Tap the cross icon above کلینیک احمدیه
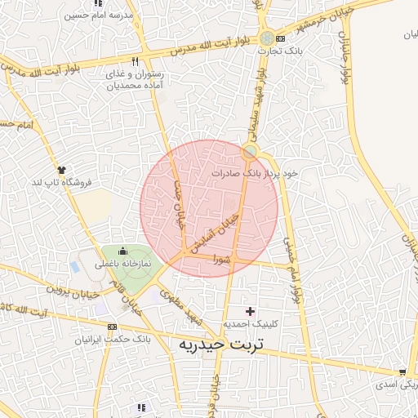250,311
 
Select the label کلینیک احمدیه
255,324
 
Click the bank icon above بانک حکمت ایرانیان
112,326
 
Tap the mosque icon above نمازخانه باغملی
123,251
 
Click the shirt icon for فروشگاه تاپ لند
61,168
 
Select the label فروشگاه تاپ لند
61,180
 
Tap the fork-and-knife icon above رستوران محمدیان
135,62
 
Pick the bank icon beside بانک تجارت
281,38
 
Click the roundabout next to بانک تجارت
267,38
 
